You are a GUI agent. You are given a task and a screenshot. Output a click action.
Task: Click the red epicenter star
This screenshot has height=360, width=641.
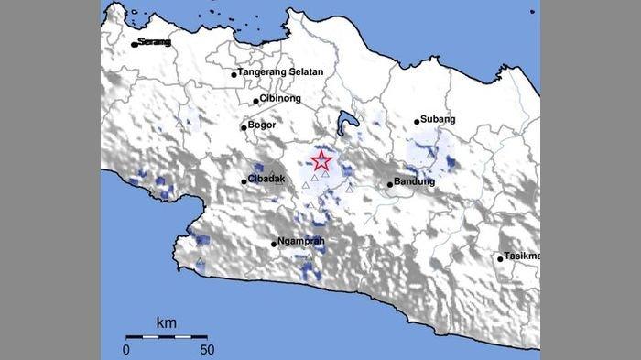coord(321,162)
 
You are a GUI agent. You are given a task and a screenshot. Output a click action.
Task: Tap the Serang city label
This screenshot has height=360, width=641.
coord(155,42)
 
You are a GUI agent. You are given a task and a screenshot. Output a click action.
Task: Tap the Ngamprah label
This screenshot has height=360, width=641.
coord(302,243)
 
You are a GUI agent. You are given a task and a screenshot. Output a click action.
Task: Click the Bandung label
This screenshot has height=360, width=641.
coord(414,183)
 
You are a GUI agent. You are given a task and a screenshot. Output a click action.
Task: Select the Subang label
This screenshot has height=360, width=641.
coord(437,120)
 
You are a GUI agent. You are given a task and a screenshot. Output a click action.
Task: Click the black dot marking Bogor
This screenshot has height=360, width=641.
coord(244,127)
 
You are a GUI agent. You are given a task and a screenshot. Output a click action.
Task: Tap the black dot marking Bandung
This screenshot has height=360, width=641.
coord(390,184)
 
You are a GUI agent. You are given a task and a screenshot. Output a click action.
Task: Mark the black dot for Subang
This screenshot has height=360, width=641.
coord(417,121)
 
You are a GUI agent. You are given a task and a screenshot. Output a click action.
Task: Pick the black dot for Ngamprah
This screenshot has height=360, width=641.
coord(274,244)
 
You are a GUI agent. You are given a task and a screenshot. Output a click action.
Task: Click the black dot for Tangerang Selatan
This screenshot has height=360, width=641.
coord(234,73)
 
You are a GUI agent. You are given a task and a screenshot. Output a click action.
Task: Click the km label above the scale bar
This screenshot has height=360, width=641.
coord(167,322)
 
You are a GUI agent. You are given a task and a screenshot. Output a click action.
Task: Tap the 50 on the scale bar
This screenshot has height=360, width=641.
coord(206,349)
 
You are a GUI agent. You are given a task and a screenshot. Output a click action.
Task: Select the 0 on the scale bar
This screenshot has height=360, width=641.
coord(127,349)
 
